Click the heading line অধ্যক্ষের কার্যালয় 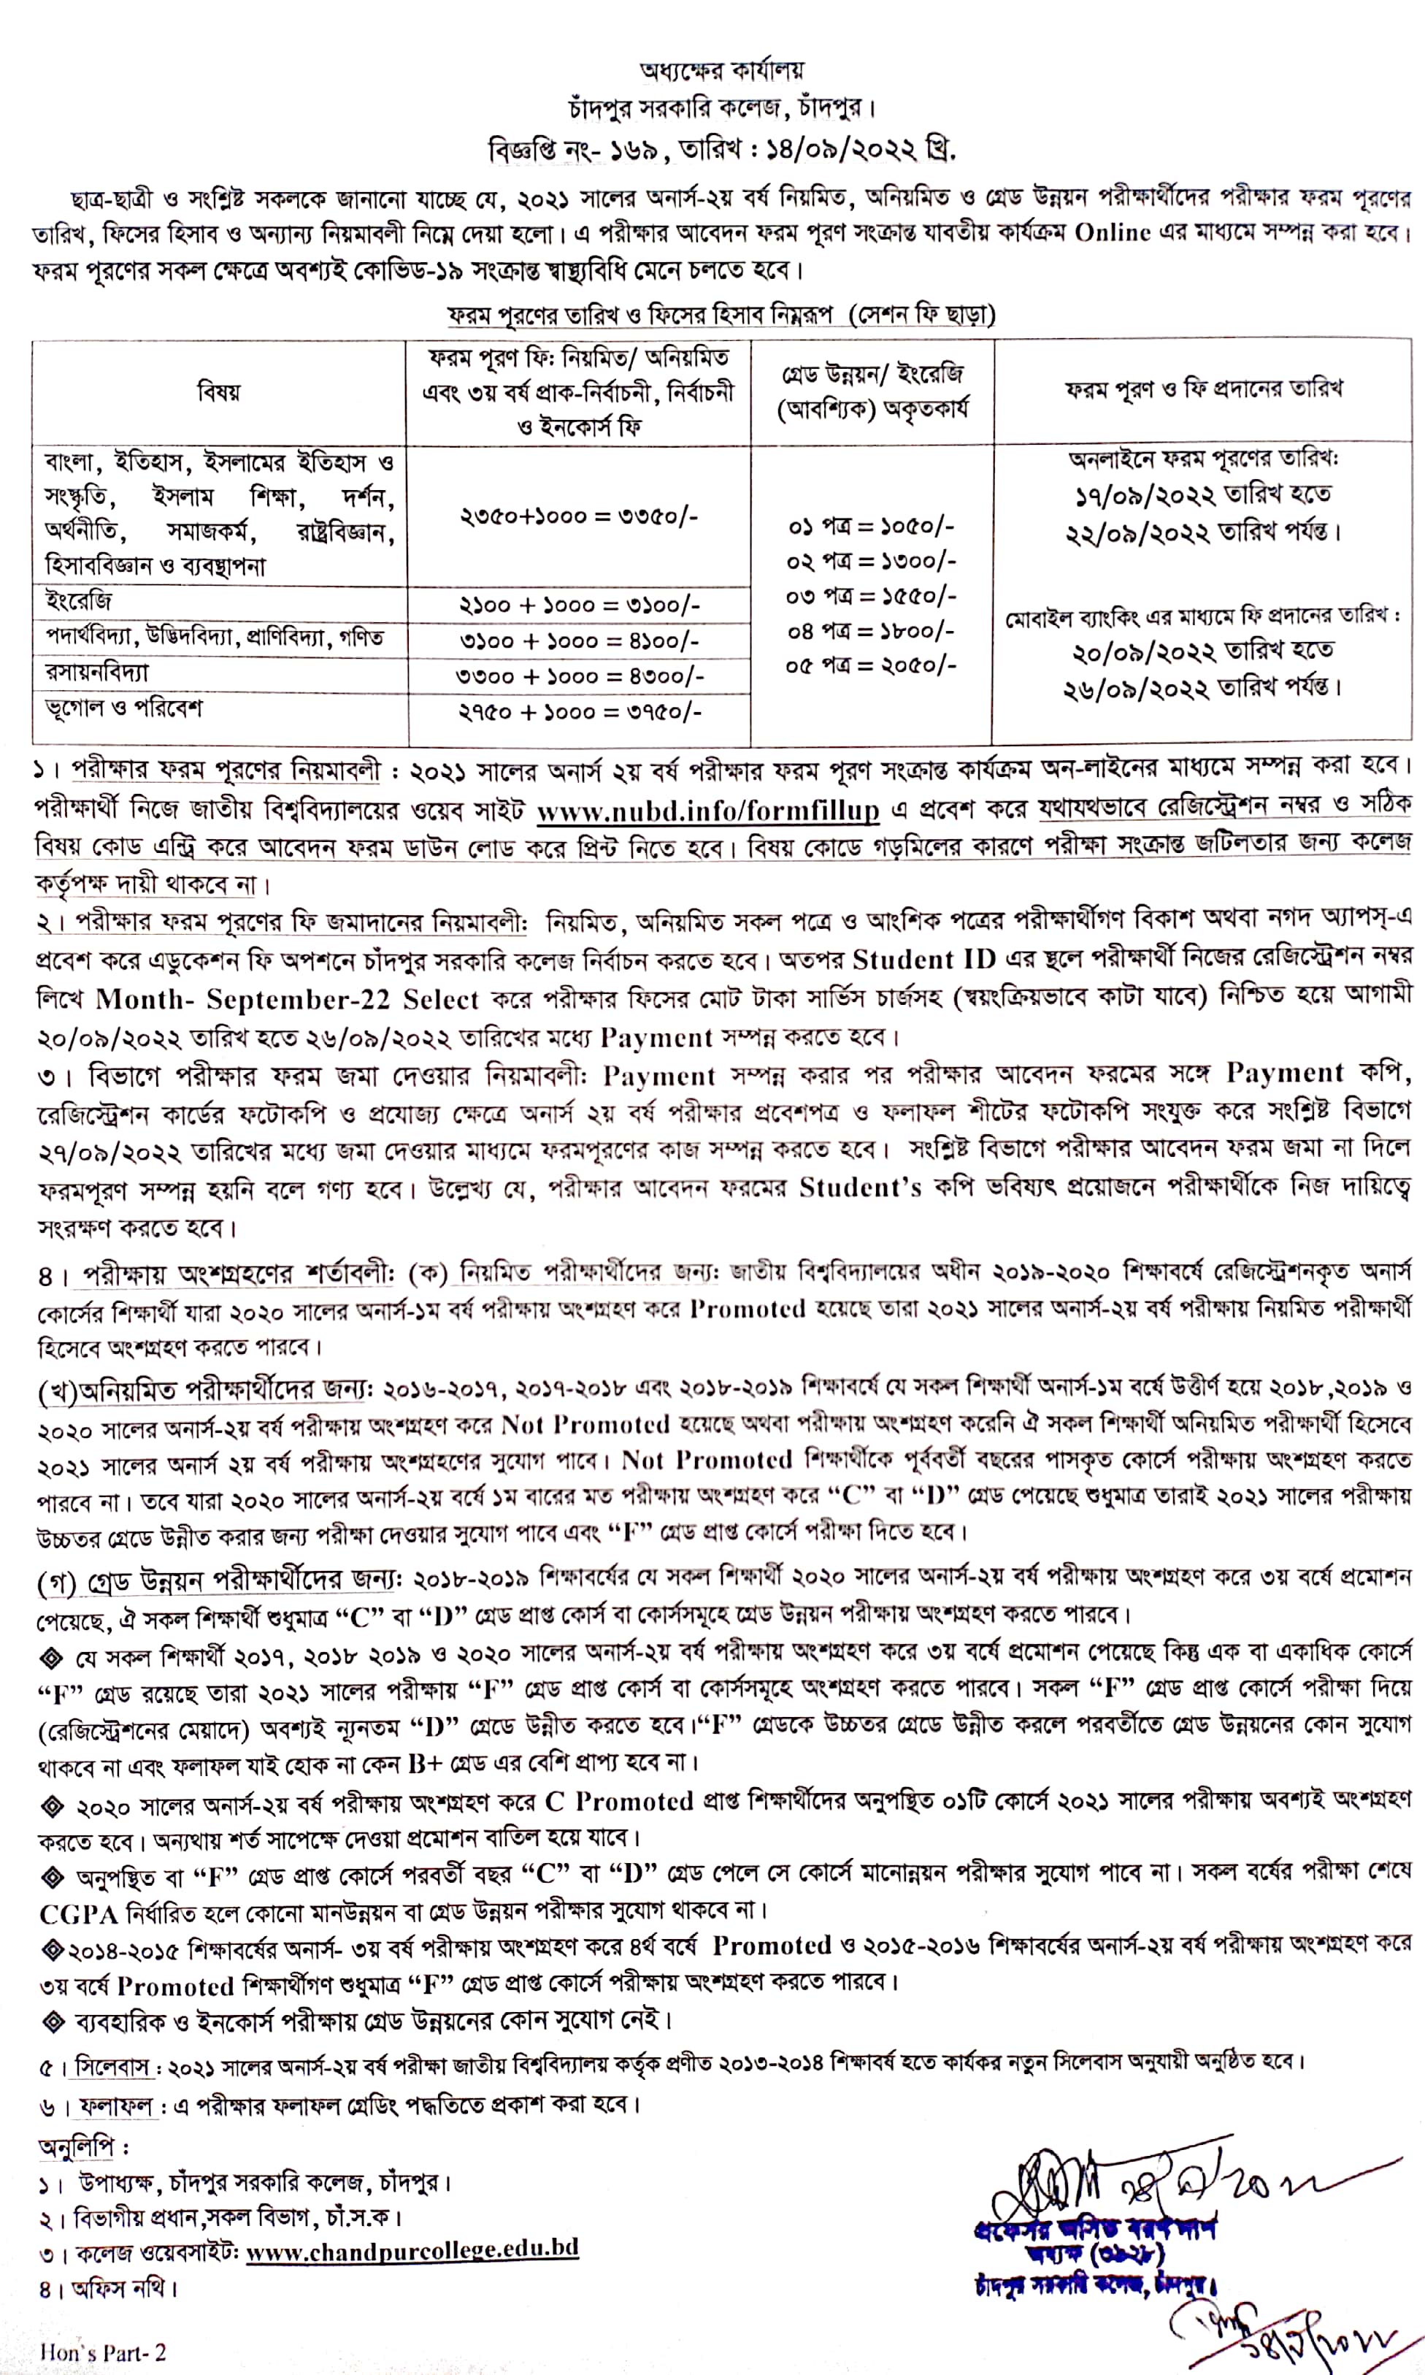710,70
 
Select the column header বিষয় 219,392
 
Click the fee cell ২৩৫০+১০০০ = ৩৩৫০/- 578,516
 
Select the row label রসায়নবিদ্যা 97,673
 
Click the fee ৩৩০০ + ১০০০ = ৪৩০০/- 579,676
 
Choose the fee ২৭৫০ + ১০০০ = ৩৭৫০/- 579,711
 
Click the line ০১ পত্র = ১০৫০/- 871,527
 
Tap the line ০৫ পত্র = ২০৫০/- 871,665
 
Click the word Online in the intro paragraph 1112,234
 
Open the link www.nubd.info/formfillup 707,811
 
